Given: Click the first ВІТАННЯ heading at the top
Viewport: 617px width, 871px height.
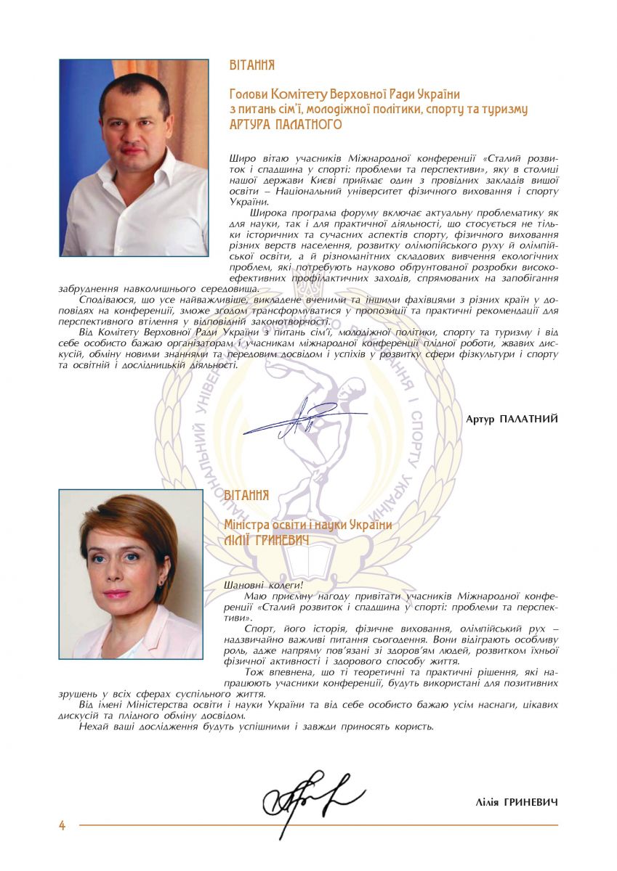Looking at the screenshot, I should click(251, 65).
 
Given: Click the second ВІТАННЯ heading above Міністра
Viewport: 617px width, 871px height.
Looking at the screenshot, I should click(246, 495).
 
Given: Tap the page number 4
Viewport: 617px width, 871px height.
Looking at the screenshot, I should click(62, 825).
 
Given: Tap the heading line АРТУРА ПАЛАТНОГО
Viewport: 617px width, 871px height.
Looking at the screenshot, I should click(285, 125).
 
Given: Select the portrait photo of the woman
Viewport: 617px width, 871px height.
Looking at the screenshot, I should click(131, 573).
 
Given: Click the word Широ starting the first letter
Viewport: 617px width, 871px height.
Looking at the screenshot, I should click(241, 157).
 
